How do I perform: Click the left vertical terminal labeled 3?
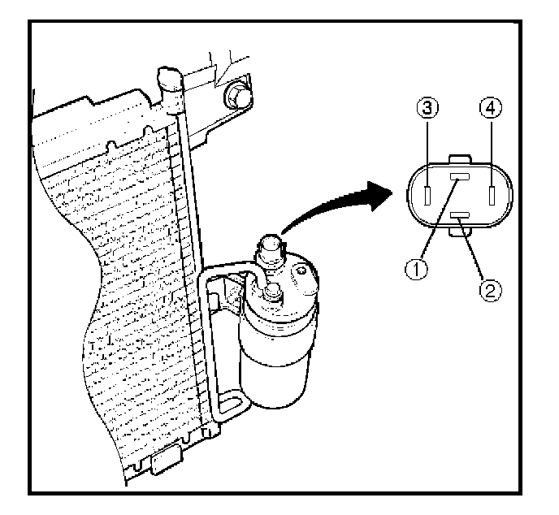pos(427,197)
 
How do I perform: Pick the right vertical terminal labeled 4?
pos(492,197)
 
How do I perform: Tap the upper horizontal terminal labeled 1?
pos(459,180)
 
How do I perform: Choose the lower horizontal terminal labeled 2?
pos(459,215)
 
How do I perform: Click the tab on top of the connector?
pos(459,158)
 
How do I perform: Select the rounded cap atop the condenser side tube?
pos(168,80)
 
